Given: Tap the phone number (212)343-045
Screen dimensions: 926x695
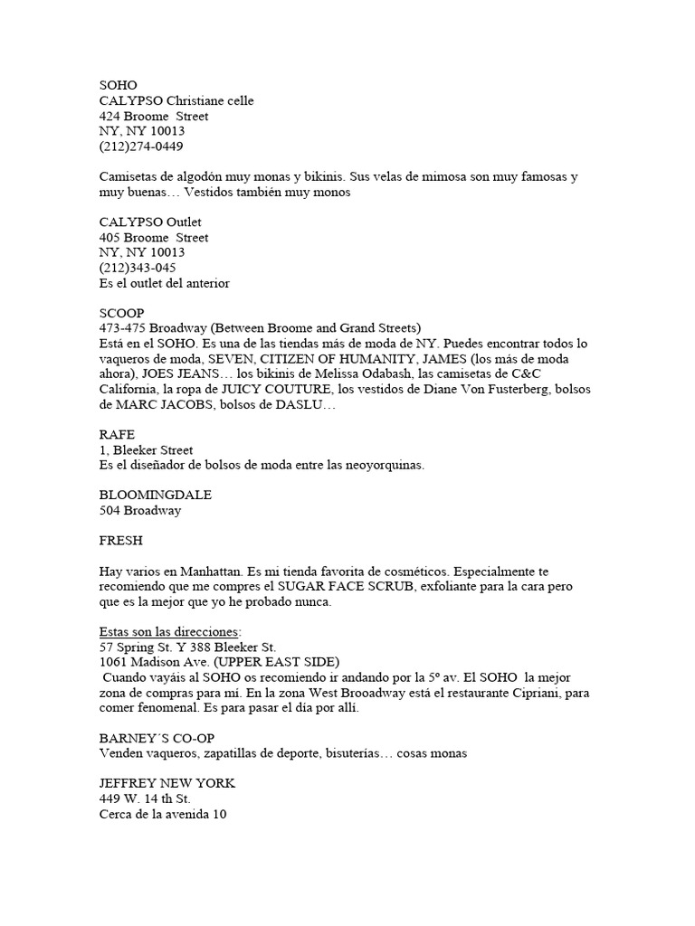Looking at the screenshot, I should [138, 268].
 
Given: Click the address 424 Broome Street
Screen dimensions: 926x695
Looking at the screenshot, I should [154, 116].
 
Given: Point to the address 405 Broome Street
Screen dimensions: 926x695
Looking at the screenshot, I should [154, 237].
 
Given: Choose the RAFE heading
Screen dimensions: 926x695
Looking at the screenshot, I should [117, 434].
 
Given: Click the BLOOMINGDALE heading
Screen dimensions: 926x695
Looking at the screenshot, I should [156, 496].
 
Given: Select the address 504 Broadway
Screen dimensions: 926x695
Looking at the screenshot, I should [140, 511].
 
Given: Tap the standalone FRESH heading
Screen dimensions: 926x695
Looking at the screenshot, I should [120, 541].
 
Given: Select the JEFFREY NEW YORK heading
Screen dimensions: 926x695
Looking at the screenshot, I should [167, 784].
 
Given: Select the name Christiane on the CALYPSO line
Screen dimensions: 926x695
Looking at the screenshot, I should [196, 100].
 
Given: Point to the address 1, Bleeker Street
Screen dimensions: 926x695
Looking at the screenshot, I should [147, 449].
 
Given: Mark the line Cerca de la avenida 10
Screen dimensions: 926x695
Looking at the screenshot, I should [163, 814].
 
